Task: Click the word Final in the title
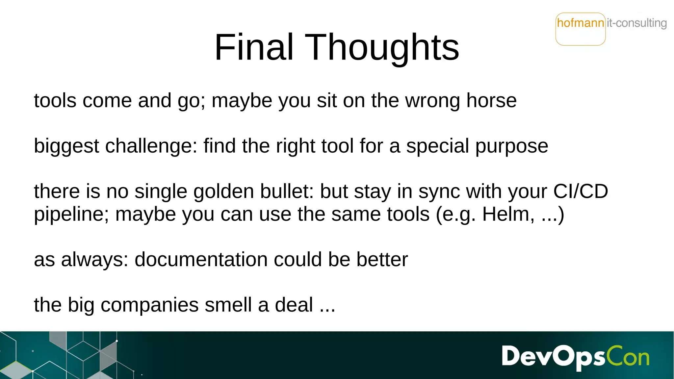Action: tap(254, 47)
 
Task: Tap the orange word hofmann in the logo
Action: tap(581, 23)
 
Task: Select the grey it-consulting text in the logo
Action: tap(636, 23)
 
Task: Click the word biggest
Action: tap(66, 146)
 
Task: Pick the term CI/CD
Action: tap(581, 191)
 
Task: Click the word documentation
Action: tap(201, 260)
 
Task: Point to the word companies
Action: tap(149, 305)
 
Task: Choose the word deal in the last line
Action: tap(294, 305)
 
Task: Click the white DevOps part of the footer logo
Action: tap(553, 356)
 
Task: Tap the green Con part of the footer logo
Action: tap(628, 356)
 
